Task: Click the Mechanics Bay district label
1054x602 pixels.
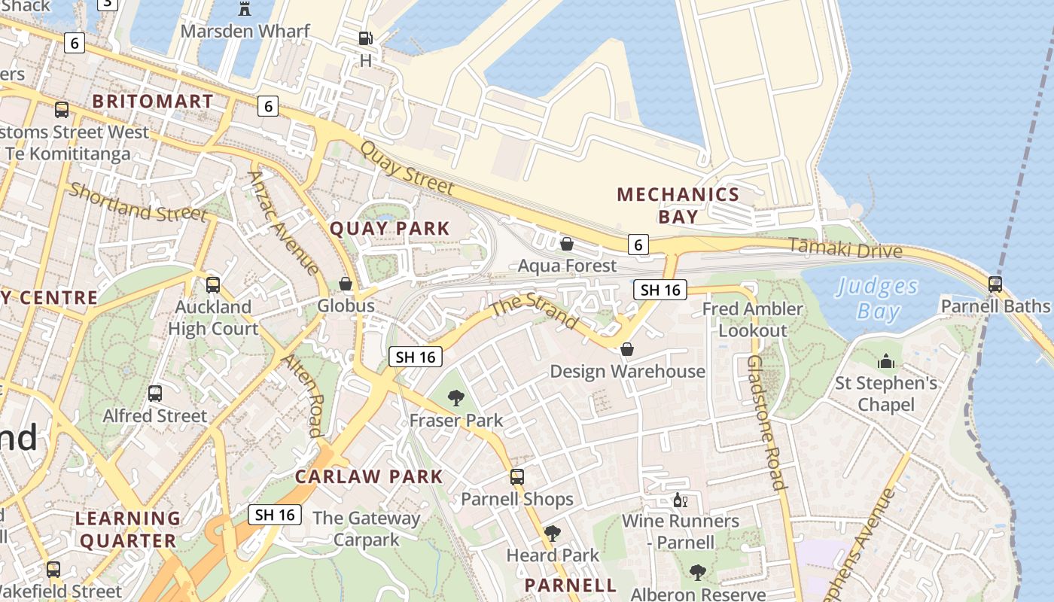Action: (678, 205)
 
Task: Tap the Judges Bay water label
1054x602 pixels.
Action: (878, 299)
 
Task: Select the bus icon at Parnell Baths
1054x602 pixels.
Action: (995, 284)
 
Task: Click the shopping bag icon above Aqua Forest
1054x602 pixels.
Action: (567, 244)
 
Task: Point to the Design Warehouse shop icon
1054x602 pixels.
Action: (626, 350)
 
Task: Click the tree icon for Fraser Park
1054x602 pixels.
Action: (455, 398)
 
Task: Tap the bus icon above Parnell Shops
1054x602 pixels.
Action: (516, 477)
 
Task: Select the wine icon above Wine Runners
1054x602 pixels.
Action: (680, 500)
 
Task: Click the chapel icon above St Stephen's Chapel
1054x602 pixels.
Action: (886, 362)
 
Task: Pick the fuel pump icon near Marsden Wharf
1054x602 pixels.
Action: (365, 38)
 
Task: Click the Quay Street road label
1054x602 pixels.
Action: (407, 168)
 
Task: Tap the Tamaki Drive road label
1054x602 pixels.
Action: (845, 248)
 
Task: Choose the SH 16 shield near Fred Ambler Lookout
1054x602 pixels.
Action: (660, 290)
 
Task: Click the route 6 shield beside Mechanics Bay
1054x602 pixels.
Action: (638, 244)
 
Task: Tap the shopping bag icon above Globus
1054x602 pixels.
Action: (346, 284)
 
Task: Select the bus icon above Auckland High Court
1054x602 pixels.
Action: (213, 285)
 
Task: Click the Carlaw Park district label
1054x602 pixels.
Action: (369, 476)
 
